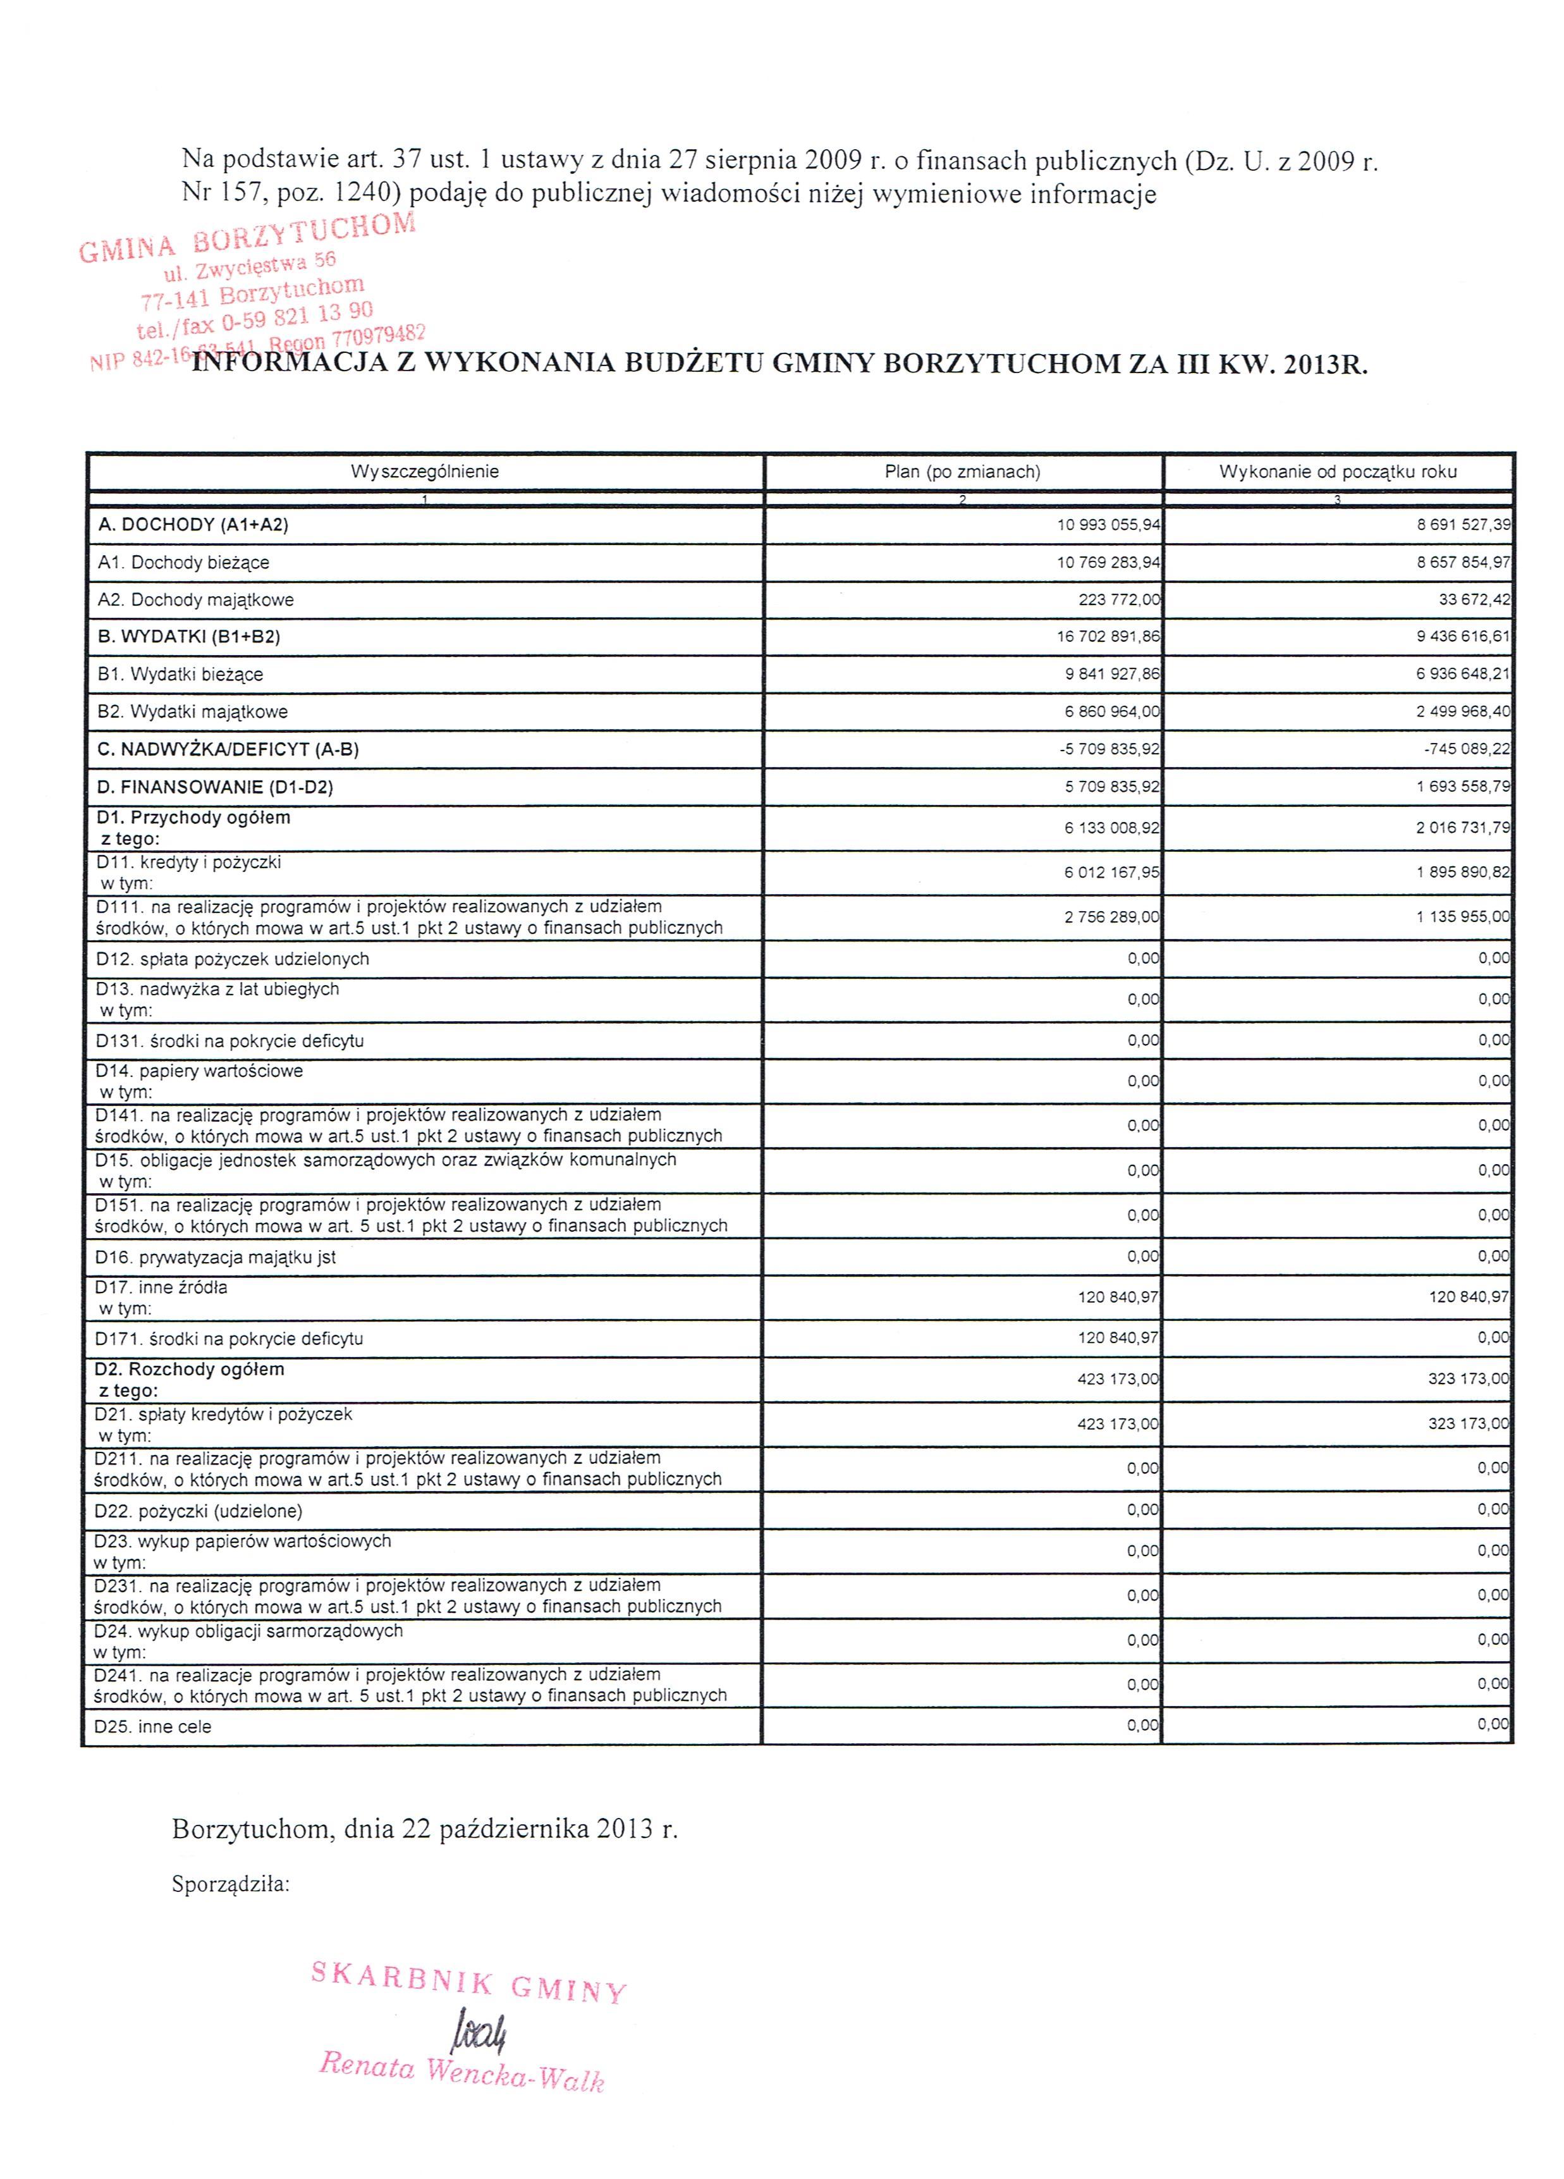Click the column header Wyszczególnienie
[425, 472]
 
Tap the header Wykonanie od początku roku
[1337, 472]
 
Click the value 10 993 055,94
[1108, 525]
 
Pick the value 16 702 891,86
[1108, 637]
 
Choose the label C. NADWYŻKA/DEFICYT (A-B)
[229, 749]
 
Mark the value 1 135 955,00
[1462, 918]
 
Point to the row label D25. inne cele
[153, 1726]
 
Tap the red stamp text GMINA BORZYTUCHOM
[247, 237]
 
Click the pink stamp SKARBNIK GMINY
[469, 1981]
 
